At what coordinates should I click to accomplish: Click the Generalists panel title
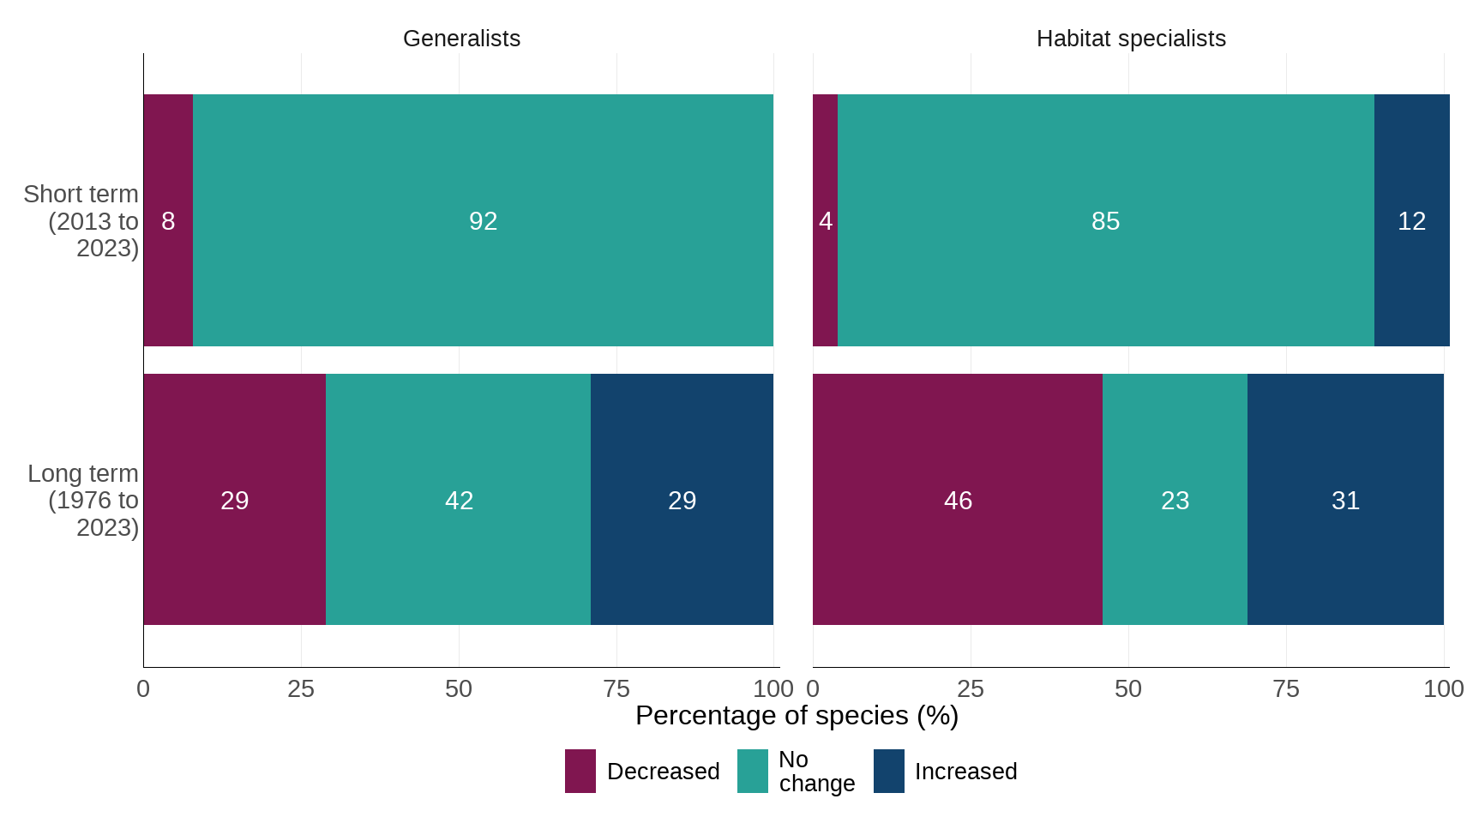[x=461, y=39]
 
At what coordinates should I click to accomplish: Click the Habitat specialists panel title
[x=1130, y=39]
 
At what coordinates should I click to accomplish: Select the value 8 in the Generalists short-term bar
[x=168, y=221]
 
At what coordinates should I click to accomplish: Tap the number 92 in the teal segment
[x=483, y=221]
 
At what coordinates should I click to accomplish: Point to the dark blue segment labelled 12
[x=1411, y=221]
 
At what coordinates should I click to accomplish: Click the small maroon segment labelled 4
[x=825, y=221]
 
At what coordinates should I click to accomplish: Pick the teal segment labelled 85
[x=1105, y=221]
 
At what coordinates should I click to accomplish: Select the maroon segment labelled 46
[x=958, y=501]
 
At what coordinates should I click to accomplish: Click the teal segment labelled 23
[x=1175, y=501]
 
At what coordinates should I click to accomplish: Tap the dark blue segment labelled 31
[x=1345, y=501]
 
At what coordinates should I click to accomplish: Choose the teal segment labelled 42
[x=459, y=501]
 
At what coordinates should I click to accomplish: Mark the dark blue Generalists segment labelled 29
[x=682, y=501]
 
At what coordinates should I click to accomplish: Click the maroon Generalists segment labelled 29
[x=234, y=501]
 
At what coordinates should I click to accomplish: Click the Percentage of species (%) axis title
[x=797, y=716]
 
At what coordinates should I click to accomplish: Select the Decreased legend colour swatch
[x=580, y=772]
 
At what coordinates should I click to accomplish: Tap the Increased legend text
[x=965, y=772]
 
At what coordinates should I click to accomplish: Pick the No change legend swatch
[x=753, y=772]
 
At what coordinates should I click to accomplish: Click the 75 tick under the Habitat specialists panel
[x=1286, y=689]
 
